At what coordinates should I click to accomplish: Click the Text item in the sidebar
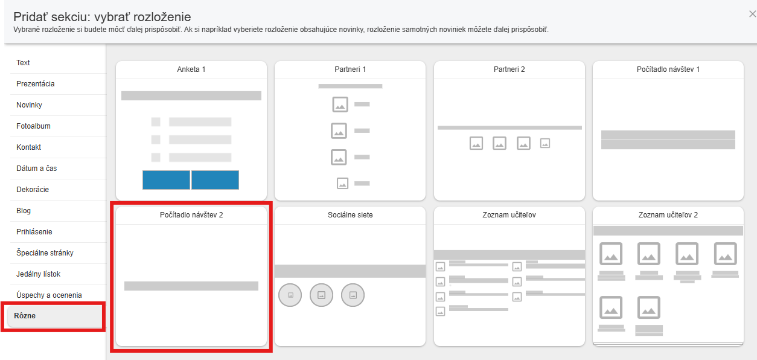pyautogui.click(x=23, y=63)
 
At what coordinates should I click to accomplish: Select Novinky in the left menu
pyautogui.click(x=29, y=104)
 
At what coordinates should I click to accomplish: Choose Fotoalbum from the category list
pyautogui.click(x=33, y=126)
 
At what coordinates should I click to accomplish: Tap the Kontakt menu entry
pyautogui.click(x=28, y=147)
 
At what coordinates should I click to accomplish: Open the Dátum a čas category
pyautogui.click(x=36, y=169)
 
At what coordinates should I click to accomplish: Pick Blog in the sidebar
pyautogui.click(x=24, y=211)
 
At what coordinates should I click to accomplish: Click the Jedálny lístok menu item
pyautogui.click(x=38, y=274)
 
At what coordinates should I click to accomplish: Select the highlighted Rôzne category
pyautogui.click(x=25, y=316)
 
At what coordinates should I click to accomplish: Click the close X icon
pyautogui.click(x=753, y=14)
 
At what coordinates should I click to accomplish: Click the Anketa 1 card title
pyautogui.click(x=191, y=69)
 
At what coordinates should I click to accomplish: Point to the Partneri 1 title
pyautogui.click(x=350, y=69)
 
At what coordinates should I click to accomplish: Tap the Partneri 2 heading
pyautogui.click(x=509, y=69)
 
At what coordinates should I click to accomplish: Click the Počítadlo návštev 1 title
pyautogui.click(x=668, y=69)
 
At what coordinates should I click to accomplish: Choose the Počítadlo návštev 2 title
pyautogui.click(x=191, y=215)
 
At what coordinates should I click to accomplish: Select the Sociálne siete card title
pyautogui.click(x=350, y=215)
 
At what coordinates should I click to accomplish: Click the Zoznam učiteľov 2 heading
pyautogui.click(x=668, y=215)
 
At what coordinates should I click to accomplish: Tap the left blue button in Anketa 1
pyautogui.click(x=166, y=180)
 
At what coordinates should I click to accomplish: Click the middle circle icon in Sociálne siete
pyautogui.click(x=321, y=295)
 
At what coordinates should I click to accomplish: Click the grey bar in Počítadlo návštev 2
pyautogui.click(x=191, y=286)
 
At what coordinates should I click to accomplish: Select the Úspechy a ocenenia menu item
pyautogui.click(x=49, y=295)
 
